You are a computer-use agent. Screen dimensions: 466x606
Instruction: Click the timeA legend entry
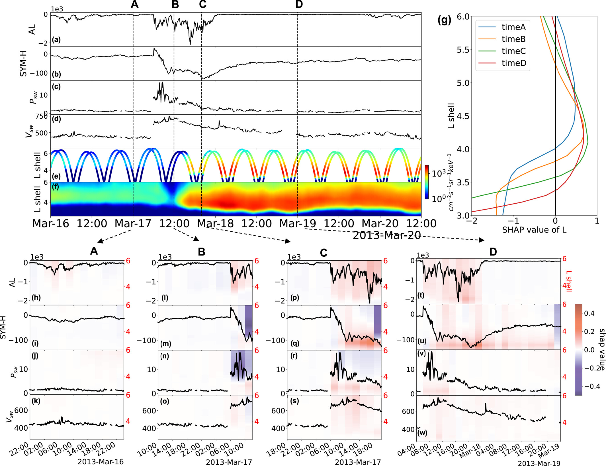[513, 27]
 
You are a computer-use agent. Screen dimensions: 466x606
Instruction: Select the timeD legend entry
[513, 63]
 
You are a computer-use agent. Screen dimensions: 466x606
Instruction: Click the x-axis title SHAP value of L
[534, 230]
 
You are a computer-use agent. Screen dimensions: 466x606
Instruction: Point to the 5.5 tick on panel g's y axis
[463, 50]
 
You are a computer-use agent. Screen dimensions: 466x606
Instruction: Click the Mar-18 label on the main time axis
[215, 223]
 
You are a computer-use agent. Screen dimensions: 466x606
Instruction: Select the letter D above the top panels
[299, 4]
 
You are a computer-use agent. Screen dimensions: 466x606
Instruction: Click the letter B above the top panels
[175, 4]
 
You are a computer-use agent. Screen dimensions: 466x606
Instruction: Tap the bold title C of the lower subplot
[324, 253]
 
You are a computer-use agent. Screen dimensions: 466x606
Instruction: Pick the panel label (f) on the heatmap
[56, 187]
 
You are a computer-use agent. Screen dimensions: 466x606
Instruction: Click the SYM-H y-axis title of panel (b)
[23, 63]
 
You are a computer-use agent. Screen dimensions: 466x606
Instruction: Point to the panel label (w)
[422, 433]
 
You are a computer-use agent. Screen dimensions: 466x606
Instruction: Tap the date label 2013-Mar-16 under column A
[101, 461]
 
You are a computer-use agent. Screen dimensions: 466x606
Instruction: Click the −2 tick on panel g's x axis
[473, 221]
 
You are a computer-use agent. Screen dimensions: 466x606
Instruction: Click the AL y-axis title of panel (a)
[32, 29]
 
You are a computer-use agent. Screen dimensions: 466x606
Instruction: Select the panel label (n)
[165, 356]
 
